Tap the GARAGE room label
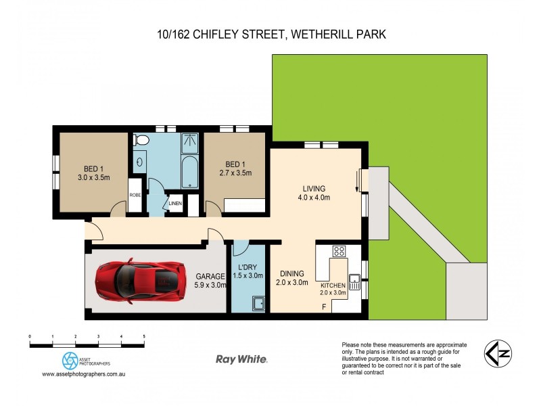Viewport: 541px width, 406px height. click(210, 276)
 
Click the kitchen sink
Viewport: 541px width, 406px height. click(354, 279)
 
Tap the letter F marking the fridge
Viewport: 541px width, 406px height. click(324, 308)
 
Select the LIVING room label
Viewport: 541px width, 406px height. click(314, 188)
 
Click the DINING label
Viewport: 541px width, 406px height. click(291, 274)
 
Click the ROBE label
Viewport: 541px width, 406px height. click(135, 196)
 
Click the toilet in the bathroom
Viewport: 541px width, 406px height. click(141, 140)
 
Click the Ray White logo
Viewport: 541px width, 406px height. click(241, 359)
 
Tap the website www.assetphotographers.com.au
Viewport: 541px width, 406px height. click(85, 374)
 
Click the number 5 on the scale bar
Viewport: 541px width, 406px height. click(144, 336)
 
